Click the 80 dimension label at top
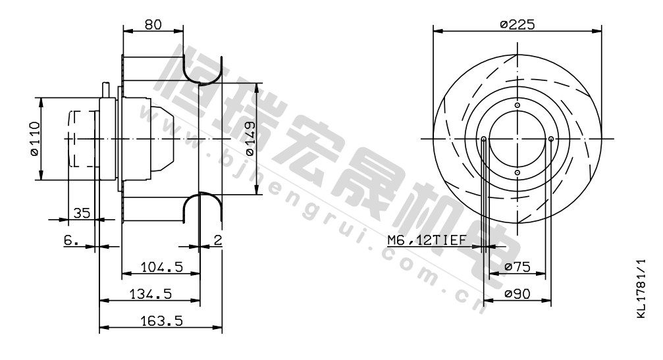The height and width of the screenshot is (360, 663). click(x=153, y=24)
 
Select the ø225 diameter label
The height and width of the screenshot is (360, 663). click(x=517, y=24)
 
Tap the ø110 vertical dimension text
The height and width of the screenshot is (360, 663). click(x=35, y=139)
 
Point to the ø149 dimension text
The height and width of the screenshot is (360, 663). click(x=250, y=139)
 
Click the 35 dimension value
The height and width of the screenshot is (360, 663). click(x=82, y=213)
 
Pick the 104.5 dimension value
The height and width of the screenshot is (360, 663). click(x=161, y=267)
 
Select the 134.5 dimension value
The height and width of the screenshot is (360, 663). click(x=151, y=294)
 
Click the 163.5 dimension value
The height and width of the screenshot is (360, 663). click(x=161, y=321)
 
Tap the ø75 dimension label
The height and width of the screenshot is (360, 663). click(x=517, y=267)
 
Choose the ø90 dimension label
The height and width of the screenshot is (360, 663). click(x=517, y=294)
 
